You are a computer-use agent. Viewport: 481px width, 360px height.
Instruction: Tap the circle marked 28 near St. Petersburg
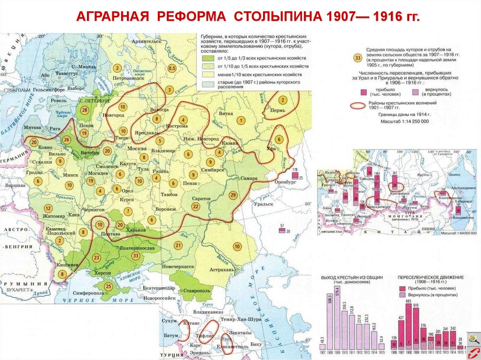coord(85,110)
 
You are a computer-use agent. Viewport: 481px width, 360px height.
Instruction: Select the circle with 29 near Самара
coord(233,195)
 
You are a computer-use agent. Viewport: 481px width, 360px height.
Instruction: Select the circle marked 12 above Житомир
coord(47,208)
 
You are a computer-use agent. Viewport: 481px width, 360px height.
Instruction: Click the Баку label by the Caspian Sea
coord(256,345)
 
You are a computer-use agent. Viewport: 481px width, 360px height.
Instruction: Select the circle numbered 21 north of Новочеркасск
coord(178,245)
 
